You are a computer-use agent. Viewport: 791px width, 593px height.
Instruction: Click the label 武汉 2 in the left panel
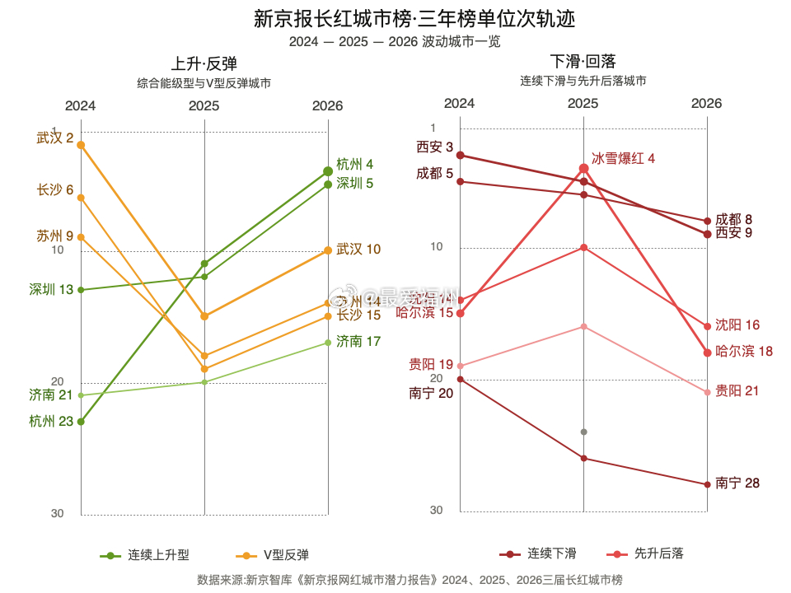point(54,138)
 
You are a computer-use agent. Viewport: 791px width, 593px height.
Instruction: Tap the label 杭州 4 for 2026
point(354,164)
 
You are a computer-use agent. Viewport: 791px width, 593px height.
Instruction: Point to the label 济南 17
point(358,341)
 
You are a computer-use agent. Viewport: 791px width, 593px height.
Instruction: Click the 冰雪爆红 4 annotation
point(623,158)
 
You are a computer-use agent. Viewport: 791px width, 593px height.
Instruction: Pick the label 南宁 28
point(737,483)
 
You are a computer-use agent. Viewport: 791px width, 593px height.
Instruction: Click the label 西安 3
point(434,147)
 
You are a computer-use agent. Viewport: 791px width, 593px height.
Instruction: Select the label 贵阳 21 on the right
point(737,390)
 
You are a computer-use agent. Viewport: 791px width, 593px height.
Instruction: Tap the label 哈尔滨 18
point(744,351)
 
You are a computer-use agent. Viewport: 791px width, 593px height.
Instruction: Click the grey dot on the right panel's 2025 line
point(583,432)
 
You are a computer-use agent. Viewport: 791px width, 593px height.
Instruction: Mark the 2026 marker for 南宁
point(707,484)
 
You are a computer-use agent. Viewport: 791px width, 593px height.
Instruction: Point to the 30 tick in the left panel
point(57,514)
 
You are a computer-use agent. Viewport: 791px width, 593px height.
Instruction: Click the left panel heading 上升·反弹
point(204,63)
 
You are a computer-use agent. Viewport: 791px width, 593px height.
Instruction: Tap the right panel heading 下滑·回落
point(583,61)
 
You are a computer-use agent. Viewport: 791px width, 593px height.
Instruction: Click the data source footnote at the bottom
point(410,580)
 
